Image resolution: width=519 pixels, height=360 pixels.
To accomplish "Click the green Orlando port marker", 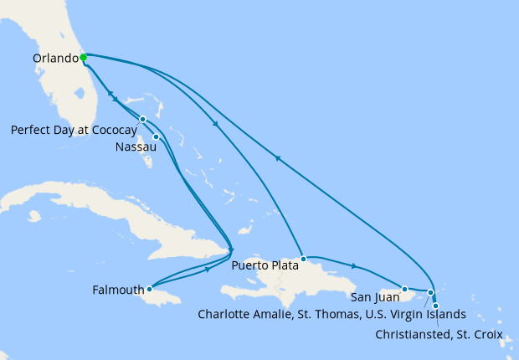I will pyautogui.click(x=84, y=58).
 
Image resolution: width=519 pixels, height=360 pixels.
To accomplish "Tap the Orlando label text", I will pyautogui.click(x=54, y=59).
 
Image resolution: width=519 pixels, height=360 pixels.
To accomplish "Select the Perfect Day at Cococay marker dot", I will pyautogui.click(x=143, y=119).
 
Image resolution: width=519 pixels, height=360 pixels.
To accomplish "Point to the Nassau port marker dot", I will pyautogui.click(x=156, y=136).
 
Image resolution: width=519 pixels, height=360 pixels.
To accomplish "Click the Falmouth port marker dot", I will pyautogui.click(x=149, y=289).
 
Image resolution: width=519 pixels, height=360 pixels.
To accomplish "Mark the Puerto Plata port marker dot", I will pyautogui.click(x=304, y=259).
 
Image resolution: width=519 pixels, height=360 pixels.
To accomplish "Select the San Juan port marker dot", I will pyautogui.click(x=404, y=289).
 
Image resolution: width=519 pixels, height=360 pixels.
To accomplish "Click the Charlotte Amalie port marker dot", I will pyautogui.click(x=430, y=293).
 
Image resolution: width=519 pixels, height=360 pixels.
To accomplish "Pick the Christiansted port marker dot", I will pyautogui.click(x=435, y=306).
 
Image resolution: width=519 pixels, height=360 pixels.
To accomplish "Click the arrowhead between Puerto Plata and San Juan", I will pyautogui.click(x=355, y=267).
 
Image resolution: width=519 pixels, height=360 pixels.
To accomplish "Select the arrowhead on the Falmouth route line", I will pyautogui.click(x=206, y=271).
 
